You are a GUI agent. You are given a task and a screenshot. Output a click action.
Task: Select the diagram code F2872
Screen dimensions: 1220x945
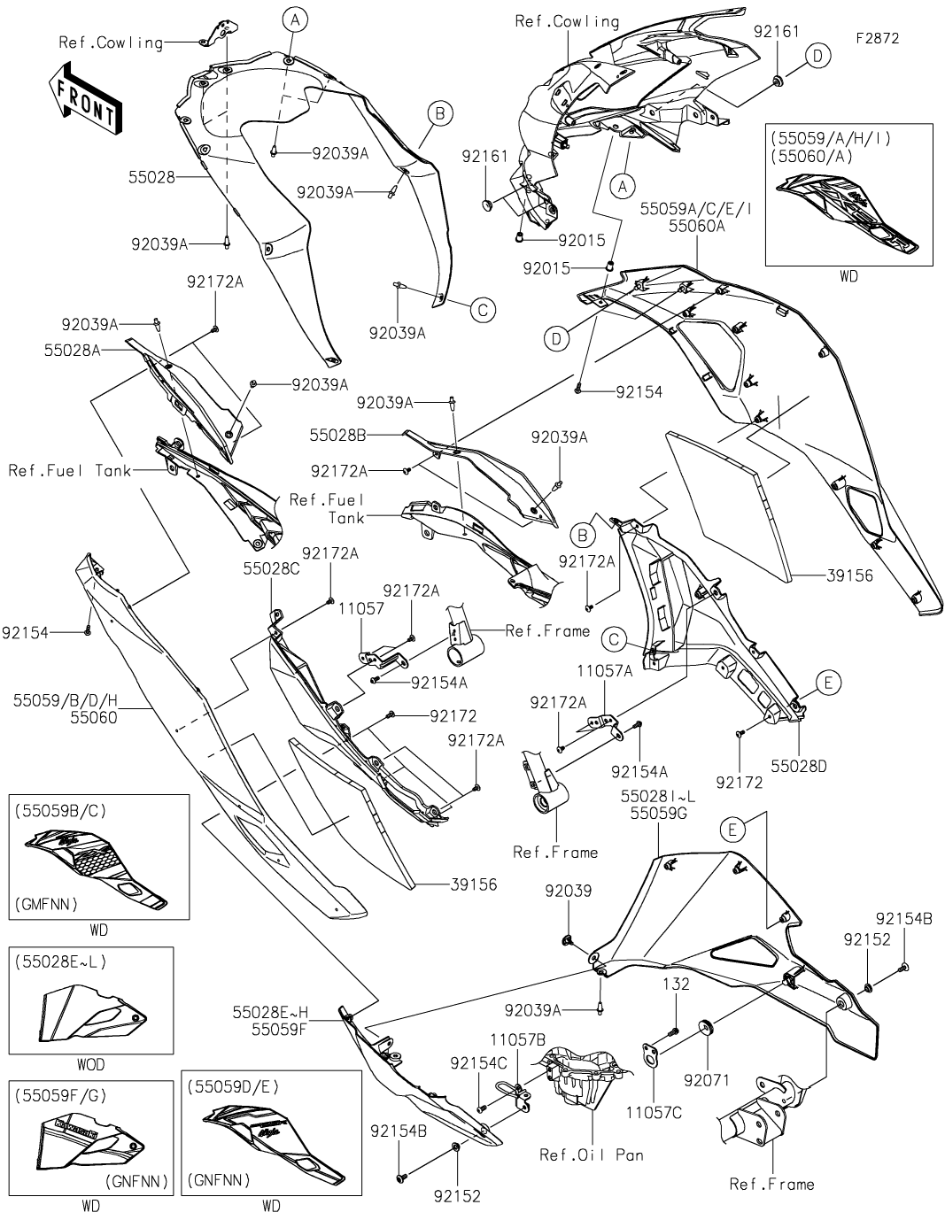click(x=877, y=39)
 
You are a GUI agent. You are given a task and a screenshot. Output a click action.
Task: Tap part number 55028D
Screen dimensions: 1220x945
click(x=797, y=766)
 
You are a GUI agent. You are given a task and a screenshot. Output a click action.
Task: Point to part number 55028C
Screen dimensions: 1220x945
click(x=271, y=571)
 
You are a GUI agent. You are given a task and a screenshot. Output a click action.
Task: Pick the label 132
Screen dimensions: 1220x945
click(x=676, y=984)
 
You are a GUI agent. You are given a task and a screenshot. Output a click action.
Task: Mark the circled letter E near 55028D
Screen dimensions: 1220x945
click(x=828, y=683)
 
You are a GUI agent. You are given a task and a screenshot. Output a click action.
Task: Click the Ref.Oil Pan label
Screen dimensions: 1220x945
click(x=592, y=1154)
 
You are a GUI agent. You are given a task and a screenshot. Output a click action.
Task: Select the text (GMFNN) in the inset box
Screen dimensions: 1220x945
click(x=47, y=903)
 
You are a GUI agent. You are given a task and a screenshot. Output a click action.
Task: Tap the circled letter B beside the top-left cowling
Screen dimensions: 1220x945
click(x=439, y=112)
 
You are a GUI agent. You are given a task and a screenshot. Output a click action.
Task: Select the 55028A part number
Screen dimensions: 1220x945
click(x=72, y=350)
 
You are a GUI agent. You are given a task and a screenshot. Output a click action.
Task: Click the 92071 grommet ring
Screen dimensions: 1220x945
click(x=706, y=1028)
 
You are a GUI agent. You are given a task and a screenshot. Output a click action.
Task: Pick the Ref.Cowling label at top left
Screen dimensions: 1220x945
click(x=111, y=42)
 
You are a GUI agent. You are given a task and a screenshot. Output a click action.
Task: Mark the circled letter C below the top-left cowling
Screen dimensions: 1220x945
click(x=483, y=309)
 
